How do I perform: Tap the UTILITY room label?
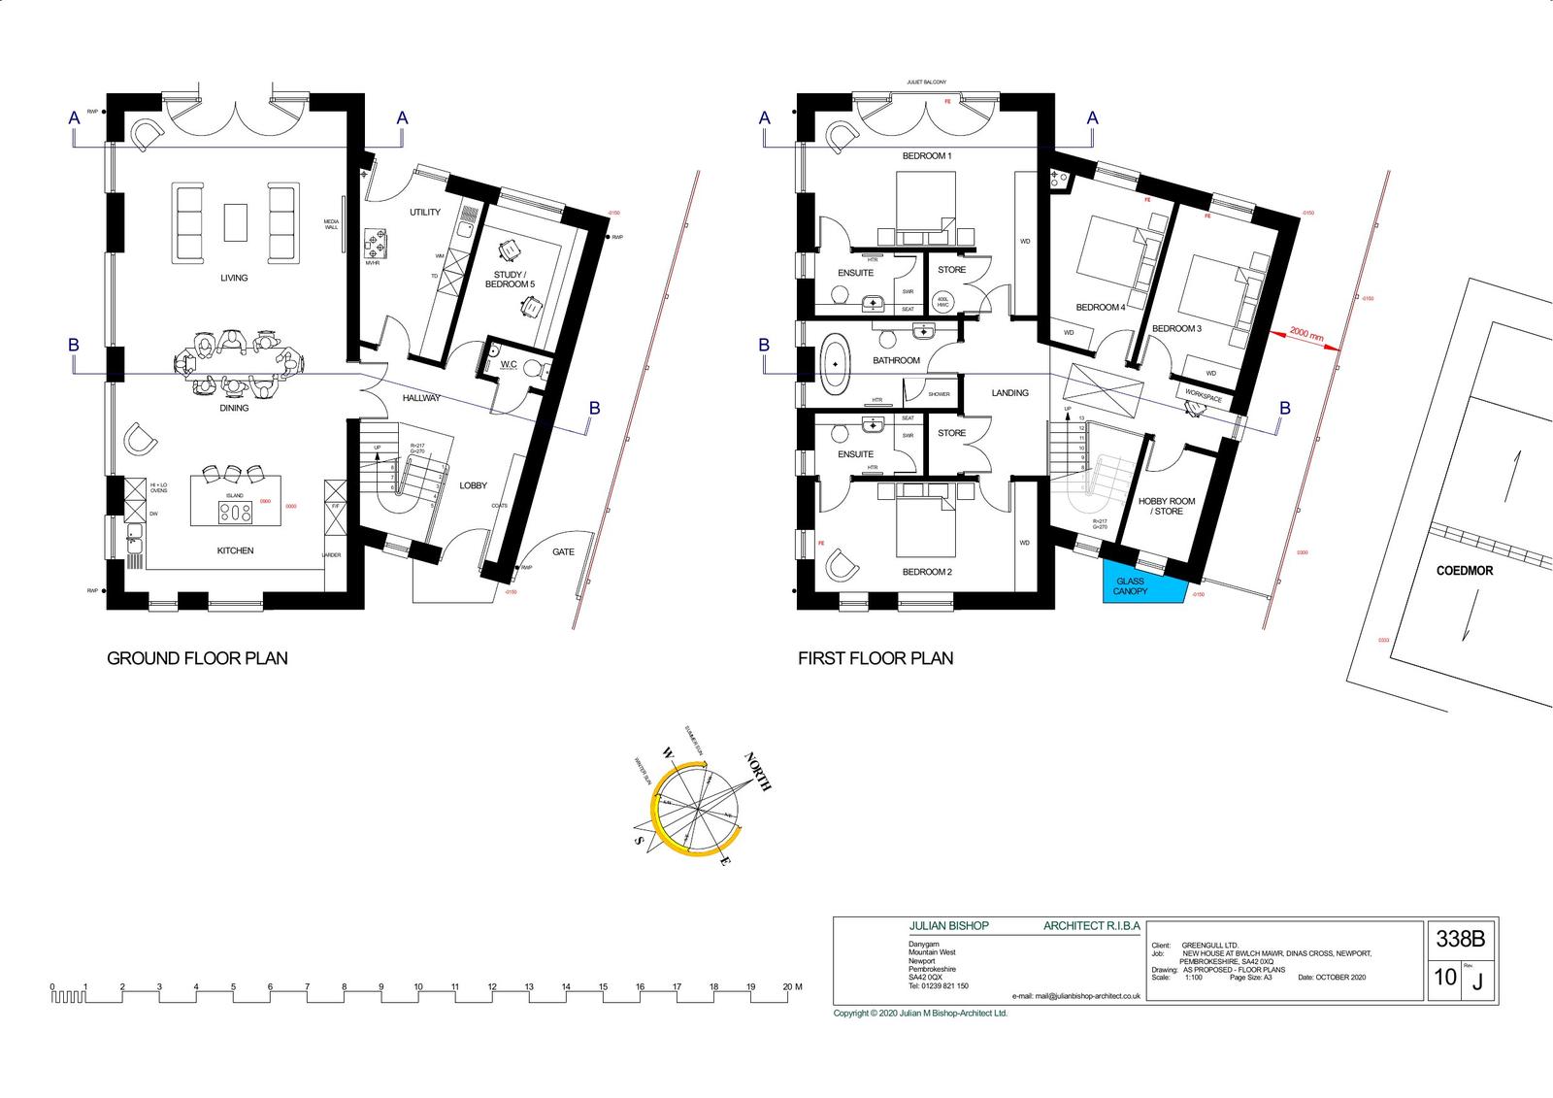424,212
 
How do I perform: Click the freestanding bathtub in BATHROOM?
833,364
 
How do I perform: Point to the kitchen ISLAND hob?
235,512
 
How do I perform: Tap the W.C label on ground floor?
509,364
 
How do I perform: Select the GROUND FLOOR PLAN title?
197,658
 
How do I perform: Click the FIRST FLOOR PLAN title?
876,658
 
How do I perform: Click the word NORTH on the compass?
758,772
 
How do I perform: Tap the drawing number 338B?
1460,939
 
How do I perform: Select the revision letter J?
1477,982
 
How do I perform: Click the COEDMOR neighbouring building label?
1464,571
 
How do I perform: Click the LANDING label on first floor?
1009,393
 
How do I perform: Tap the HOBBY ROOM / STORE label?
1167,506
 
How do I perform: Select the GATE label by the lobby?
563,551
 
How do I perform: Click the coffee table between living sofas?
235,221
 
